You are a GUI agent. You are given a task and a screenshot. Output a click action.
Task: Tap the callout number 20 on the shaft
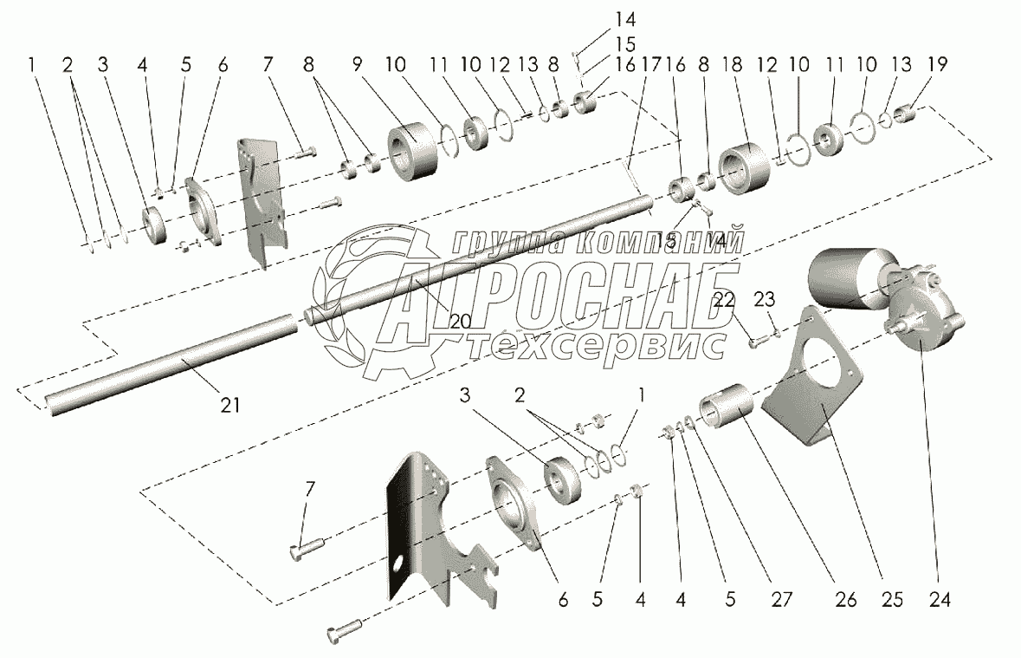[460, 320]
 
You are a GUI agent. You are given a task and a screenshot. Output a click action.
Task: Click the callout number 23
[765, 299]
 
